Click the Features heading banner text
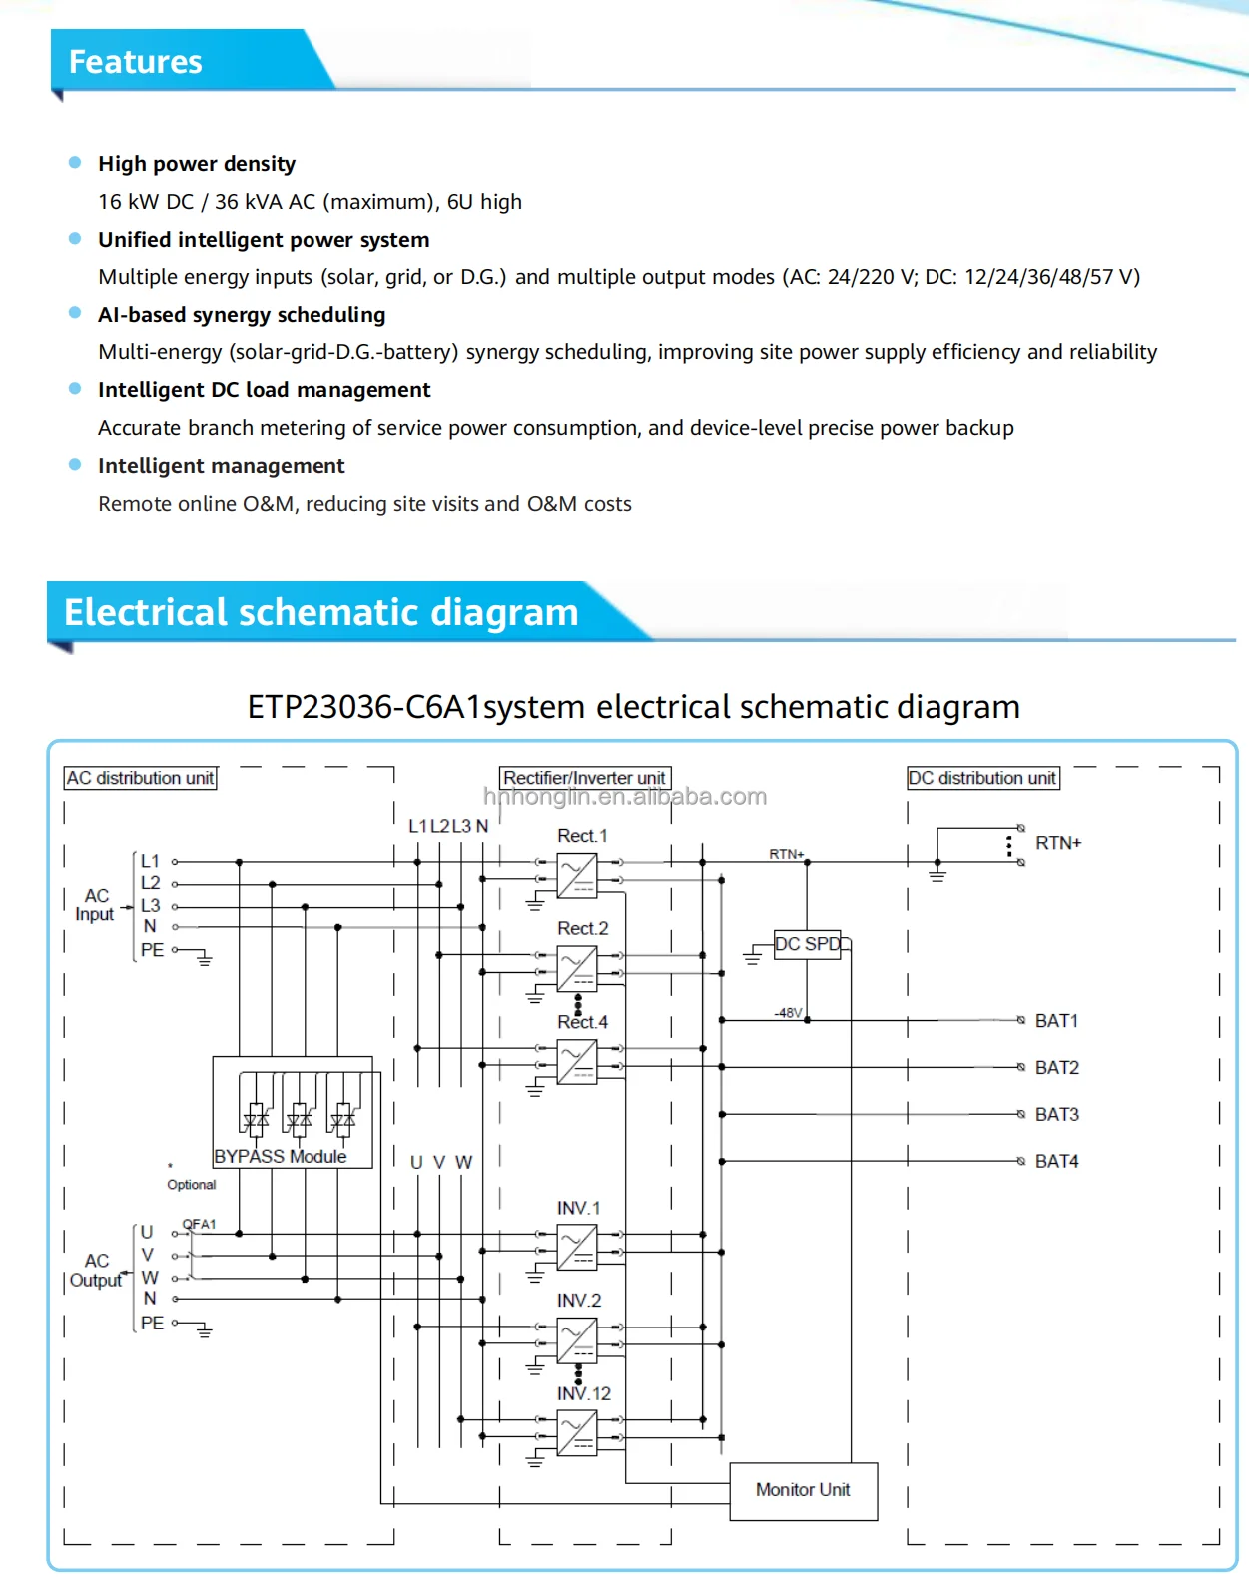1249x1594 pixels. point(135,62)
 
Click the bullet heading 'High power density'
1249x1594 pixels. point(197,164)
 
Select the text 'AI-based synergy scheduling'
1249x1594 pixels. point(242,315)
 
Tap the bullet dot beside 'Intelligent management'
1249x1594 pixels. point(75,465)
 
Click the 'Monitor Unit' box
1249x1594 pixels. point(803,1490)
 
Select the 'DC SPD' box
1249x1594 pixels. point(808,944)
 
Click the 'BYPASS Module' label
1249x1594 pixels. point(281,1156)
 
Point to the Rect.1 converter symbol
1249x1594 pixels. point(577,875)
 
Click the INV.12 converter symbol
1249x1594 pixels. point(577,1435)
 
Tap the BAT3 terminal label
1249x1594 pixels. point(1056,1114)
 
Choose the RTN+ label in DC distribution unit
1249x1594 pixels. point(1057,843)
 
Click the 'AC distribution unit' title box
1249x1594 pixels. point(140,778)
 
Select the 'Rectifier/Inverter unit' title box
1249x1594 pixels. point(584,778)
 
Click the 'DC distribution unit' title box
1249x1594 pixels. point(982,778)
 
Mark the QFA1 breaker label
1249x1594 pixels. point(199,1224)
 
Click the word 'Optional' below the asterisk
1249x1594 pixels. point(191,1185)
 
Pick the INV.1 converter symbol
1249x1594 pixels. point(577,1248)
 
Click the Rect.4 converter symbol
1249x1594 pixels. point(577,1062)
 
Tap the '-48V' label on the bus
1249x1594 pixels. point(788,1012)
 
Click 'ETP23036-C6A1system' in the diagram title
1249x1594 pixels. point(415,707)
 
